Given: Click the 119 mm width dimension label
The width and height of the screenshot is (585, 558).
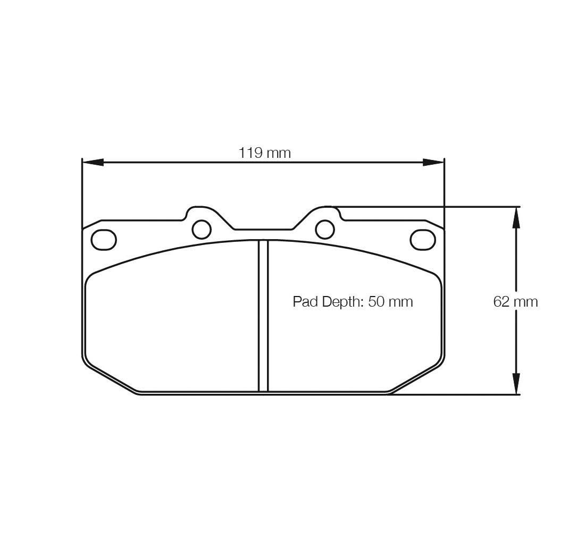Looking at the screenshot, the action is click(x=264, y=153).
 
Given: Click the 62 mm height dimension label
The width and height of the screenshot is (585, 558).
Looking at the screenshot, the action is click(x=515, y=301).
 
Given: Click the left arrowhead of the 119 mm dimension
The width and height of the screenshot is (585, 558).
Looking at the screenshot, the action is click(x=93, y=162).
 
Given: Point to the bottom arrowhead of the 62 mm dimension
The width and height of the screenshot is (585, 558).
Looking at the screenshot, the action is click(x=516, y=383).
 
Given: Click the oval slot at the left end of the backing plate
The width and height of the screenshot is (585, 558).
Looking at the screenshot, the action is click(x=104, y=240).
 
